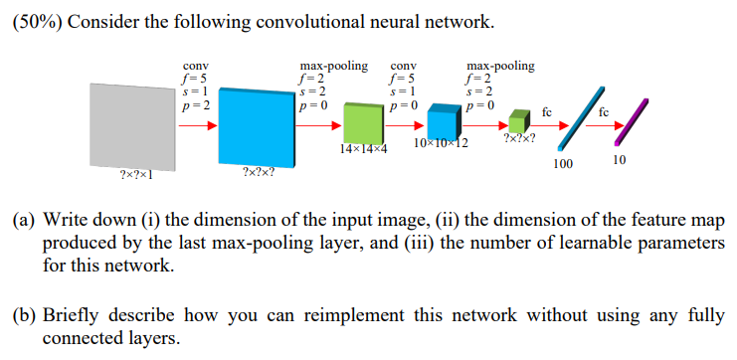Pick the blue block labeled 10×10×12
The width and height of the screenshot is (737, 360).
click(442, 122)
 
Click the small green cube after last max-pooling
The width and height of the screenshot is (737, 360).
click(516, 118)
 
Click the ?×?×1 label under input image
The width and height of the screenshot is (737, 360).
click(134, 176)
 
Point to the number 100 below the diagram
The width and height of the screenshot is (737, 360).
click(563, 162)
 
